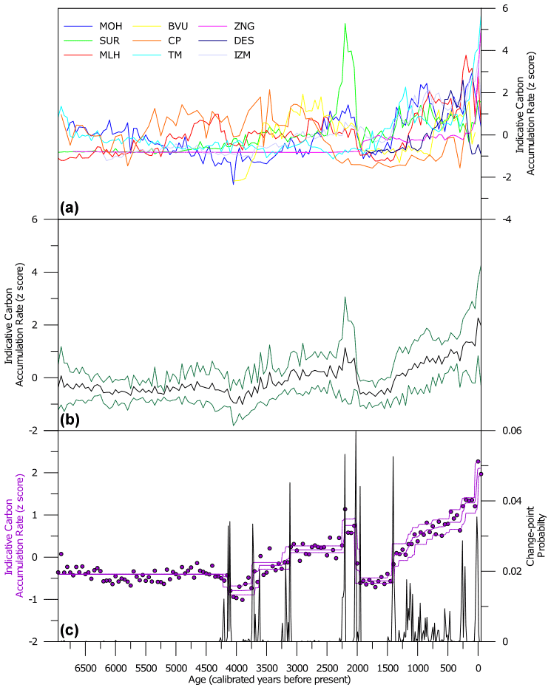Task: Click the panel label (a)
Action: coord(70,208)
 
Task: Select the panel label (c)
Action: coord(70,630)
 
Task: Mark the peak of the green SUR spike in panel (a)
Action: coord(345,24)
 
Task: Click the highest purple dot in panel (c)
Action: coord(478,462)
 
